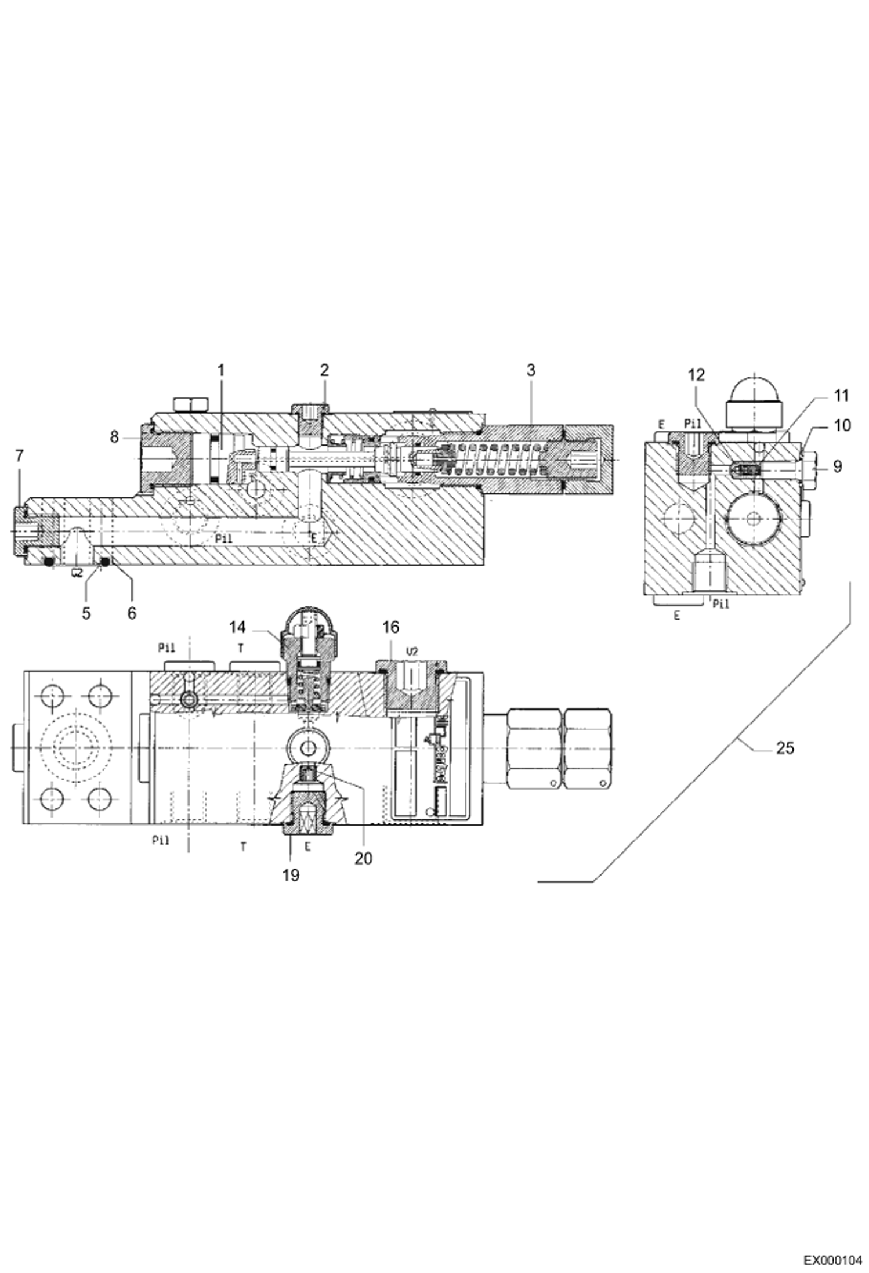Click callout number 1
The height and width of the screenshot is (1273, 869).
[220, 370]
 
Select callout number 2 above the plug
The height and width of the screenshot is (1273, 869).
[324, 370]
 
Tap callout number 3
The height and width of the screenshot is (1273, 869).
[531, 370]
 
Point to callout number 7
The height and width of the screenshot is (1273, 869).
[20, 456]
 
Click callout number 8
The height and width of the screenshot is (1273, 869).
[114, 437]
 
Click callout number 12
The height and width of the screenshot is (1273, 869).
[696, 375]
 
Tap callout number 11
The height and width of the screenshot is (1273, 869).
[841, 396]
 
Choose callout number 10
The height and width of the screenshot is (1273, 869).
[842, 425]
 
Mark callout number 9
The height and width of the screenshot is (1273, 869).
[837, 466]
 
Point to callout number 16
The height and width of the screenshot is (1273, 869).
[390, 627]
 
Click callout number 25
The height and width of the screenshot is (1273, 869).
[784, 748]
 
